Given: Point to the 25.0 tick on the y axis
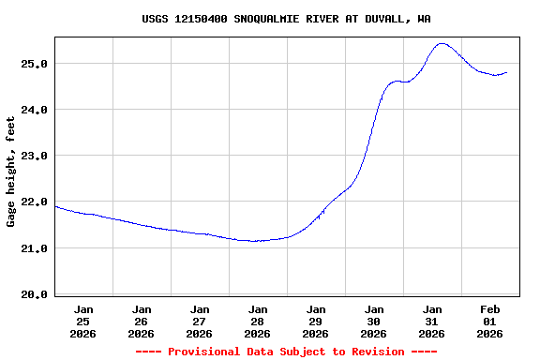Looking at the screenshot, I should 35,64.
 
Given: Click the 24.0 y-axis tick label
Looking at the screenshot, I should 35,110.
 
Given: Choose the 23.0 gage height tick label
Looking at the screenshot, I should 35,156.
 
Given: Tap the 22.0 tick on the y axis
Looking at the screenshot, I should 35,202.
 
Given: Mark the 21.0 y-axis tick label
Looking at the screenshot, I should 35,248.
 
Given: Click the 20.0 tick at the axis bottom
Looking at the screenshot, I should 35,294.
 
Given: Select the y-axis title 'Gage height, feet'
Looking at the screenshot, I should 11,172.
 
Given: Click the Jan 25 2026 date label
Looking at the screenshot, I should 83,321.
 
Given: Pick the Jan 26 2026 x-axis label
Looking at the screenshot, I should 142,321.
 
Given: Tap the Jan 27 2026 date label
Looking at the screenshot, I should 200,321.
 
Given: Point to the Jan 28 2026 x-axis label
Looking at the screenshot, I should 258,321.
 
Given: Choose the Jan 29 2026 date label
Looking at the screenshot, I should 316,321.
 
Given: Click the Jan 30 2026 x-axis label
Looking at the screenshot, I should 374,321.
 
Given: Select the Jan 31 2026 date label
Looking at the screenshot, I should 432,321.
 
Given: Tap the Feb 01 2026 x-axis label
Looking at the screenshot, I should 490,321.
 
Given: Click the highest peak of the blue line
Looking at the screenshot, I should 442,43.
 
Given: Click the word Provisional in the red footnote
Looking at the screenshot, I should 205,352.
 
